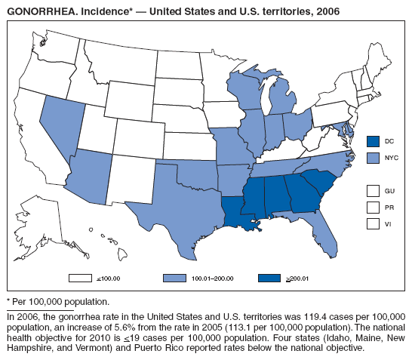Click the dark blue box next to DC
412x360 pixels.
[x=372, y=141]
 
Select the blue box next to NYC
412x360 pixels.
[x=372, y=158]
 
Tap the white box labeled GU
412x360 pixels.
[x=372, y=189]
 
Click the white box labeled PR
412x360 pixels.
[x=372, y=206]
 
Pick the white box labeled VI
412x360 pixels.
[x=372, y=223]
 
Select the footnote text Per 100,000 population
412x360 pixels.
[x=60, y=302]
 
